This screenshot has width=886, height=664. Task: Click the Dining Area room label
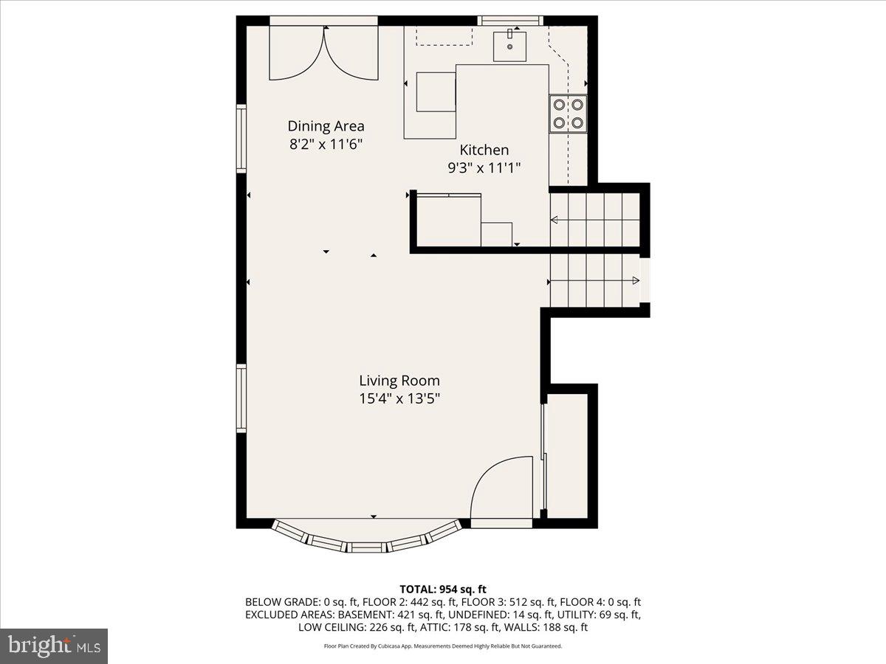(x=326, y=126)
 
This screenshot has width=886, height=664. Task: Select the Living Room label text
(x=399, y=381)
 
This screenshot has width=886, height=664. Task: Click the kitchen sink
(x=509, y=45)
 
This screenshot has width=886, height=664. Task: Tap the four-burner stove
(x=568, y=114)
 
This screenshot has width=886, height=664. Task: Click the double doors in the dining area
(x=323, y=53)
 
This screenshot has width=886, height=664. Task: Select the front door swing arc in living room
(x=501, y=487)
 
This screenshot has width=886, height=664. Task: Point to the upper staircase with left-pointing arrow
(x=594, y=219)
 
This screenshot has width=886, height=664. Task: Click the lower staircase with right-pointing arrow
(x=594, y=280)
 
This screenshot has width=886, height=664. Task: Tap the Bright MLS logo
(x=54, y=646)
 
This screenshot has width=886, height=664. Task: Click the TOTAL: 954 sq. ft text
(x=443, y=589)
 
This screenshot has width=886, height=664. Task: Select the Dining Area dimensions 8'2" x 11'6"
(x=326, y=145)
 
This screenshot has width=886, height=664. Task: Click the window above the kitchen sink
(x=510, y=20)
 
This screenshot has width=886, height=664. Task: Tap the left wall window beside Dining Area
(x=241, y=139)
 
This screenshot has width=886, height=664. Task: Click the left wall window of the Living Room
(x=241, y=398)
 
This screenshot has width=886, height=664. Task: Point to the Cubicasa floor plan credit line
(x=443, y=646)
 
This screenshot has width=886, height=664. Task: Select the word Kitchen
(x=484, y=150)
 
